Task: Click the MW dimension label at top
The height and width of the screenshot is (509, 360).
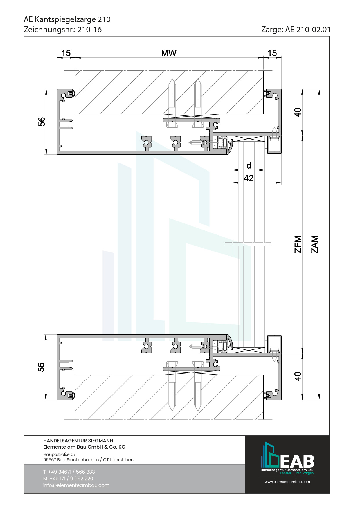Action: click(x=169, y=53)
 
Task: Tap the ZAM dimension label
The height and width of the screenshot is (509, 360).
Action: click(x=315, y=244)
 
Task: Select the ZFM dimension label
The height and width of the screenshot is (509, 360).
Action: click(x=298, y=244)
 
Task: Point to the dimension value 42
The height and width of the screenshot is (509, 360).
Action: click(x=249, y=178)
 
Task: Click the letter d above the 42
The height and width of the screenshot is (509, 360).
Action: click(x=249, y=165)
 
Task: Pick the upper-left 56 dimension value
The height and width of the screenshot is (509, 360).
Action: click(x=42, y=122)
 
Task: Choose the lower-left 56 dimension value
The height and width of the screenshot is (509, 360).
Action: click(x=41, y=367)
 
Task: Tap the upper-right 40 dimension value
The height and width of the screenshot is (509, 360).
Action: click(x=298, y=112)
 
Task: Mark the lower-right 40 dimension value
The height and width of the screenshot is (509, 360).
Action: click(x=298, y=376)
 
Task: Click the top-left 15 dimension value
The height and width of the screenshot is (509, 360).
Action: click(x=66, y=53)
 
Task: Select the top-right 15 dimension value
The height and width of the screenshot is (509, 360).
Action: click(x=272, y=53)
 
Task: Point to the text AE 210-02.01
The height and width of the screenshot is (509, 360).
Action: click(x=308, y=30)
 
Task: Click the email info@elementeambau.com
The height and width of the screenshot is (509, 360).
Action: click(x=76, y=485)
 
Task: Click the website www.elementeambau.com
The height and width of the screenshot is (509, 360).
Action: click(x=287, y=482)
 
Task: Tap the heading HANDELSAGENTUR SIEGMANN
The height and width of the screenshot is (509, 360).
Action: click(x=78, y=441)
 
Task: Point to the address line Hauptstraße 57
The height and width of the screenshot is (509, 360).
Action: click(x=60, y=454)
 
